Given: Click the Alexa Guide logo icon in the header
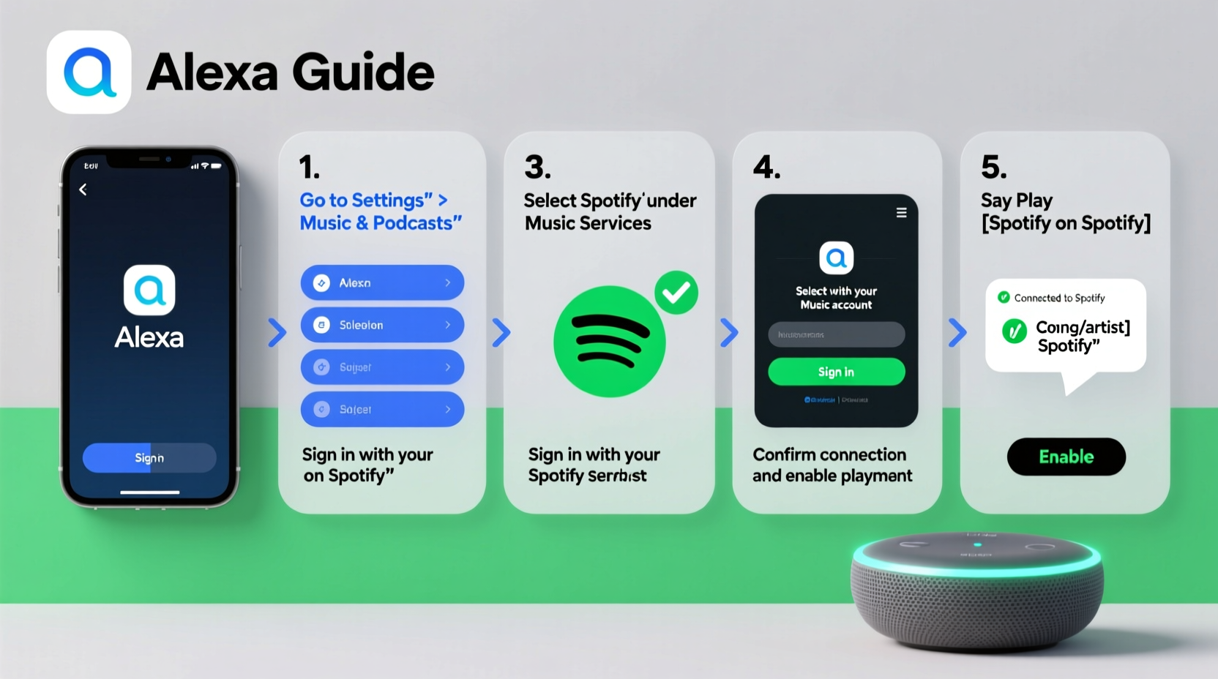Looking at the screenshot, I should pos(89,72).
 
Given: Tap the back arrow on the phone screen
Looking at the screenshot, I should pos(83,190).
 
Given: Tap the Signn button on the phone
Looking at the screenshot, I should pos(149,457).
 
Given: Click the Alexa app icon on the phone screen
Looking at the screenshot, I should pos(149,290).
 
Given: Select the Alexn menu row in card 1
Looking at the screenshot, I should pos(382,282).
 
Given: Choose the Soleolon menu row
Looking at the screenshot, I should pos(382,325).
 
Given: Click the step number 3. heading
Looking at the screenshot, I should pos(537,168).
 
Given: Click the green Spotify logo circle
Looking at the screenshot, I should pos(609,342).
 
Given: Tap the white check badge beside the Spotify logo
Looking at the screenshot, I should pos(676,293).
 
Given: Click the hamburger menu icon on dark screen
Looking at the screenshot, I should pos(901,213).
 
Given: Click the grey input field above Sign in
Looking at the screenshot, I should pos(836,334).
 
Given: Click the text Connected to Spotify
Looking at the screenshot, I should pos(1059,298).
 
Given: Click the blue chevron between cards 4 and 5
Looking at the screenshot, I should pos(957,332).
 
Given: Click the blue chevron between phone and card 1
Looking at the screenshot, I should pos(277,332).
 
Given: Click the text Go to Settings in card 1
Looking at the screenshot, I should pos(362,200).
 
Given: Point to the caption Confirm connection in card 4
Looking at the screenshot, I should pos(829,454).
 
